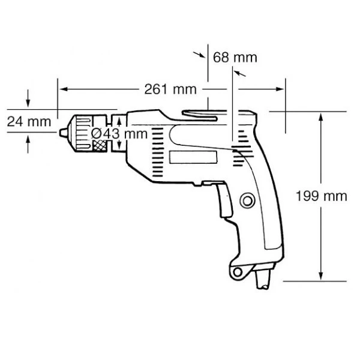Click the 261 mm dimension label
(x=170, y=89)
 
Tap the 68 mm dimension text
(x=235, y=58)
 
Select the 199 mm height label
(x=321, y=196)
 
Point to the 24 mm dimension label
(x=29, y=121)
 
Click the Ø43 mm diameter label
(x=119, y=134)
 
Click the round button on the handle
(x=247, y=201)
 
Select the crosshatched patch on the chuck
(x=100, y=146)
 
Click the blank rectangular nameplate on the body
(x=193, y=157)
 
